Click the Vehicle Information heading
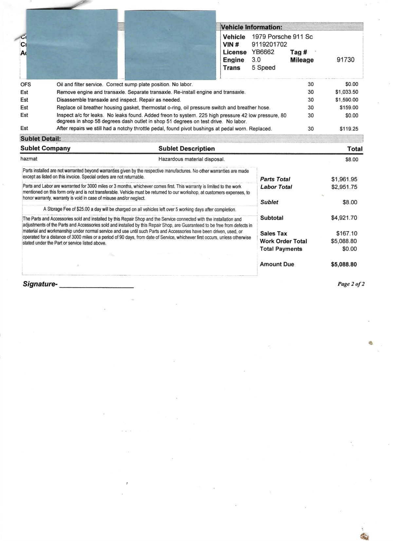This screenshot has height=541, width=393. click(251, 27)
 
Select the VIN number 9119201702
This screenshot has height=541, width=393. click(269, 45)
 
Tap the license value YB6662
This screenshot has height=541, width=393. click(263, 52)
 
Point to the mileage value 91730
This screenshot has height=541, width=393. click(346, 60)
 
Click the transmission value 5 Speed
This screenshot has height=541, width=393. click(263, 68)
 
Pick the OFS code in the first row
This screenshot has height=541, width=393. click(26, 84)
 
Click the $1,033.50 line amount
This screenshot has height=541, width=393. click(346, 92)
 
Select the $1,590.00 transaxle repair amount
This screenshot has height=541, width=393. click(346, 100)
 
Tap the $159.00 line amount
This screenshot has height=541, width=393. click(349, 107)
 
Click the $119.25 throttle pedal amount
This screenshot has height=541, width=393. click(349, 129)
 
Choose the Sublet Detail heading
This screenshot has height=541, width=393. click(41, 139)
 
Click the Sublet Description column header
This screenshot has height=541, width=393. click(187, 149)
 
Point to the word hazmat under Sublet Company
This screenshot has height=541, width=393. click(29, 159)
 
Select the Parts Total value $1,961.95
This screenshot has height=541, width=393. click(344, 179)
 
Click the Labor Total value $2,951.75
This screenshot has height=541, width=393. click(344, 187)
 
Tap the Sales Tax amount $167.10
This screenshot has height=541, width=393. click(346, 233)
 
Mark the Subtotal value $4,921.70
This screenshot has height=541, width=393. click(344, 218)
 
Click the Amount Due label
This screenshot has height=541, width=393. click(277, 264)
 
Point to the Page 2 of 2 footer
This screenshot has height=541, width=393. click(351, 284)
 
